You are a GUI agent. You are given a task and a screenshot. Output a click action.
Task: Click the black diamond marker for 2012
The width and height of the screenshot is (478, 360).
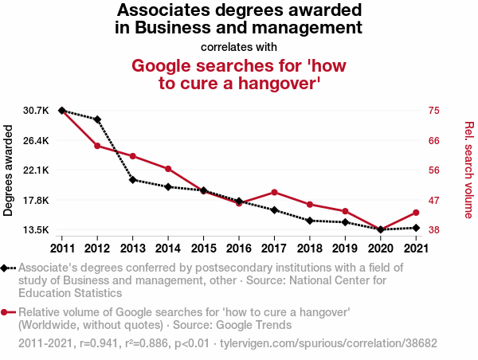(97, 119)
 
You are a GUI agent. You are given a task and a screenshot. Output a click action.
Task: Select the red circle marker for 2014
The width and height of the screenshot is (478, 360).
(168, 169)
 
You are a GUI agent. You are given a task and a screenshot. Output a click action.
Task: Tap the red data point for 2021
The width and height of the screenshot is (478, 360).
(416, 213)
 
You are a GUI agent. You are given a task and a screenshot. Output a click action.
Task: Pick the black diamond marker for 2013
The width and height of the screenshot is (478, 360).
(133, 180)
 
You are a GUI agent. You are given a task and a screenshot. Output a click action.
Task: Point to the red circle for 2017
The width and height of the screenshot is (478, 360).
(274, 192)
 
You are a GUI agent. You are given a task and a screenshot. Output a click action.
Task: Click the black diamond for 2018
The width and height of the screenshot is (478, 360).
(310, 221)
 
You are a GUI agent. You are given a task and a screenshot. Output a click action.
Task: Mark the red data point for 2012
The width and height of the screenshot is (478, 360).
(97, 146)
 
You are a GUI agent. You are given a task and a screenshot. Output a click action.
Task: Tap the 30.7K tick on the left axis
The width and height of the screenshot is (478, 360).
(36, 110)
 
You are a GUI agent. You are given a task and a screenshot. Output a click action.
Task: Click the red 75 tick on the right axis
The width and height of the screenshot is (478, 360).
(435, 110)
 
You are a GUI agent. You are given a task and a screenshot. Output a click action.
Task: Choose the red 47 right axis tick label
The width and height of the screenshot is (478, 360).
(435, 201)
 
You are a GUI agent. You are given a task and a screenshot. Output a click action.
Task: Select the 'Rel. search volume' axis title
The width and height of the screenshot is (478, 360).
(468, 170)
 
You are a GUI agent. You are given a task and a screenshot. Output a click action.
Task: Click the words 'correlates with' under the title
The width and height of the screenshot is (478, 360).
(239, 46)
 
